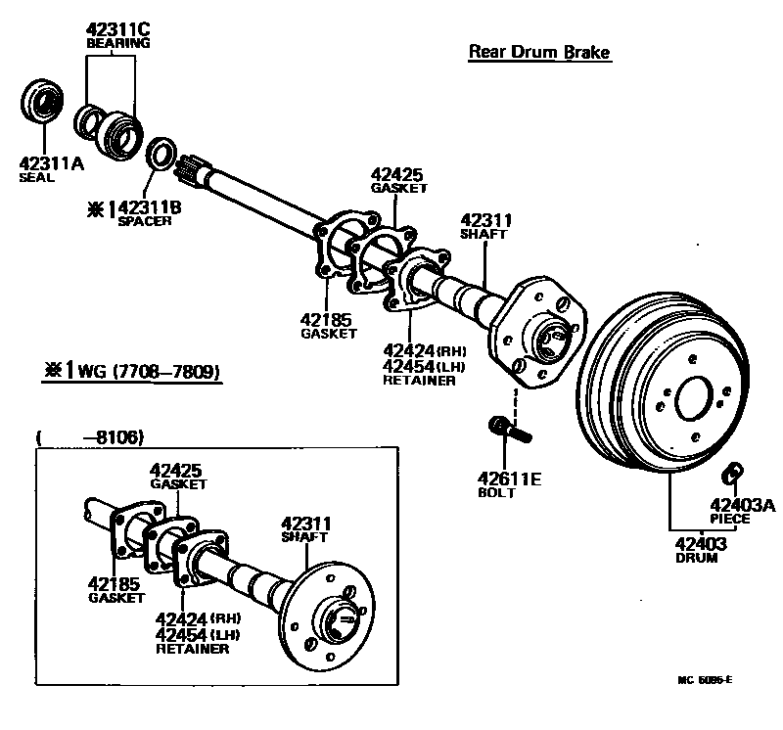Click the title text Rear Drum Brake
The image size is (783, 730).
point(539,51)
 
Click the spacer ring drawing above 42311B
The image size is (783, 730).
point(161,154)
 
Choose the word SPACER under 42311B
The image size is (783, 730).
point(145,221)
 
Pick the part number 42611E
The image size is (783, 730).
point(509,479)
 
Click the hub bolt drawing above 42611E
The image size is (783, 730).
point(504,428)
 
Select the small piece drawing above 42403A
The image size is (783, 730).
point(728,475)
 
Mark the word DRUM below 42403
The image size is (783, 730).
point(696,558)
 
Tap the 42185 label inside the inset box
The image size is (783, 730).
point(116,583)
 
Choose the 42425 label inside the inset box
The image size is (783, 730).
point(178,470)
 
